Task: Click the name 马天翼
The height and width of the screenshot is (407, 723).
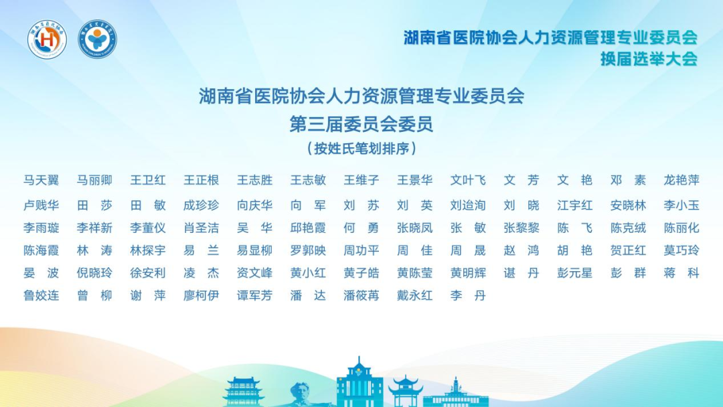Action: pos(42,180)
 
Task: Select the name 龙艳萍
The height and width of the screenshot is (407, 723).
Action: pos(681,180)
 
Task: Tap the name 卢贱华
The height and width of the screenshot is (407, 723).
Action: pos(42,205)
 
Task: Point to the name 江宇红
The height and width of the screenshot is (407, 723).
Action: pos(575,205)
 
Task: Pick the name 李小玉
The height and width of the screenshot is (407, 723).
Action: pos(681,205)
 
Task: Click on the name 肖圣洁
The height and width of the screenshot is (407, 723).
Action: pos(202,228)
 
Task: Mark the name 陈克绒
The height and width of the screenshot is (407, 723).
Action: pos(629,228)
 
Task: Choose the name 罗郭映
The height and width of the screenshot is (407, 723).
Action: pos(308,250)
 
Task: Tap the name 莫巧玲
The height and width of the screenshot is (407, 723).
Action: pos(681,250)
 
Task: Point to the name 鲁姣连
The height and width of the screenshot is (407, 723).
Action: pos(42,295)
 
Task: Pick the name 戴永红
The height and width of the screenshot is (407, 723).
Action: pos(415,295)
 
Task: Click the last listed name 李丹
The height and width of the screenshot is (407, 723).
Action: pos(468,295)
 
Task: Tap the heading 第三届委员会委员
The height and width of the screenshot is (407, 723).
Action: pos(361,124)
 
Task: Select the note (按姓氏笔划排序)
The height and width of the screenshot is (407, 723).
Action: pos(361,148)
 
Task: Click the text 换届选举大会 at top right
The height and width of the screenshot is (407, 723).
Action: pos(649,58)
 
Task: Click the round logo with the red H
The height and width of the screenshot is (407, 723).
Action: pos(47,40)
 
